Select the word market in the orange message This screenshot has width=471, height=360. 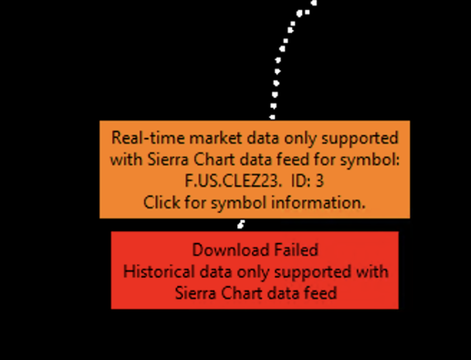click(215, 138)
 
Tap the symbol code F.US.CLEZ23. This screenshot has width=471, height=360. click(231, 181)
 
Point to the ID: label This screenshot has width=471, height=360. click(301, 181)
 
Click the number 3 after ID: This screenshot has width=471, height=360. click(319, 181)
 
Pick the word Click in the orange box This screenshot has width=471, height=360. click(162, 202)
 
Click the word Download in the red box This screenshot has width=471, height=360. click(231, 249)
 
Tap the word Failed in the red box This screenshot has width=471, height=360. click(296, 249)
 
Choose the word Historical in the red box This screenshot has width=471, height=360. click(159, 271)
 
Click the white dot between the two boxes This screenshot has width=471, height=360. click(241, 225)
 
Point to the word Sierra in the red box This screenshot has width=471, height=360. click(195, 293)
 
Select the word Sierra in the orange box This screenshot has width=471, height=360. click(168, 159)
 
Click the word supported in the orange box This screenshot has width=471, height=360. click(360, 139)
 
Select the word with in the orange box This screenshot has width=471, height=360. click(126, 159)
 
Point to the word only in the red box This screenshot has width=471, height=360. click(253, 272)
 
